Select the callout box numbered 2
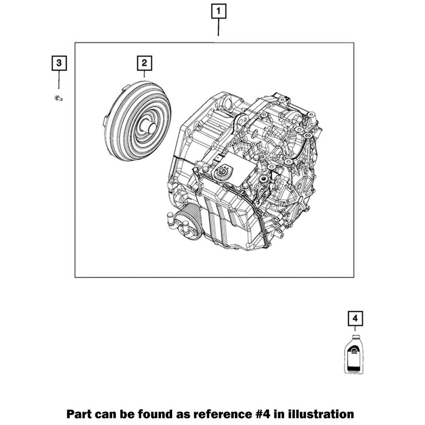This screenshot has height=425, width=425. (x=144, y=63)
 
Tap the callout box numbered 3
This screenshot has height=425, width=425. (x=59, y=63)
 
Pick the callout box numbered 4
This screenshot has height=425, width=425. (x=355, y=318)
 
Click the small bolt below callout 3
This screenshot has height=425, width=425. (x=58, y=98)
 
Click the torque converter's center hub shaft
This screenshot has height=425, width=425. (x=149, y=127)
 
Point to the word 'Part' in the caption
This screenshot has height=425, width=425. (x=80, y=414)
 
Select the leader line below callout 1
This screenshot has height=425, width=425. (x=219, y=27)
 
